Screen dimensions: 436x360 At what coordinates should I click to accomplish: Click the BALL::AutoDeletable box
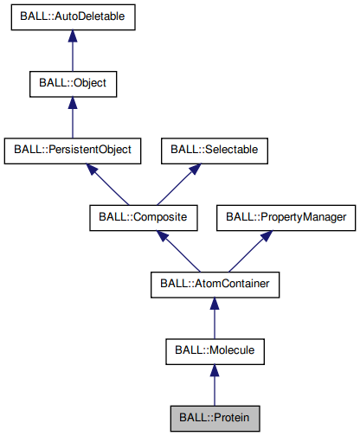point(73,18)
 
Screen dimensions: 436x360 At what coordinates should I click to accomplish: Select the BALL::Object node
point(73,84)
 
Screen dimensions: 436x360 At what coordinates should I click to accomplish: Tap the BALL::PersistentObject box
point(73,150)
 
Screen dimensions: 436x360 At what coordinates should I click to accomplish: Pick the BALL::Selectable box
point(214,150)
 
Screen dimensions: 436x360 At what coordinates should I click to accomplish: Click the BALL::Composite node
point(144,215)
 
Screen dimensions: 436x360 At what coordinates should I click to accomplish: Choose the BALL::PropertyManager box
point(286,215)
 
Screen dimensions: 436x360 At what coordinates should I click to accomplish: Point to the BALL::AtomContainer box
point(215,282)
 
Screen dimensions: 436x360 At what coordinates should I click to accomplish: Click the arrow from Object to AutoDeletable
point(73,54)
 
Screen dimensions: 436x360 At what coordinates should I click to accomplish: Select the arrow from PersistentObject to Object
point(73,120)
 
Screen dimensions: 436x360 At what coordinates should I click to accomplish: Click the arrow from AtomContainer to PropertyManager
point(248,250)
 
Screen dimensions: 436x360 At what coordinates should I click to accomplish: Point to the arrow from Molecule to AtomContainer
point(215,318)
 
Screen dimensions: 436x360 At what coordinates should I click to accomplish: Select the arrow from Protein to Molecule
point(215,384)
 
